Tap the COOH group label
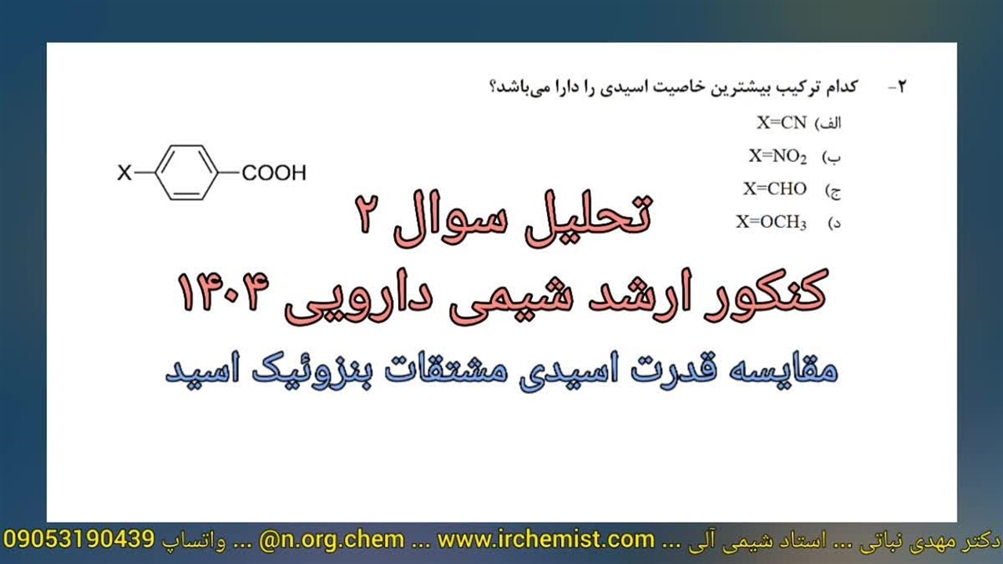click(x=274, y=173)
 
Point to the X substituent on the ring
click(x=125, y=173)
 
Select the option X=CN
click(x=781, y=123)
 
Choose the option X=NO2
click(x=778, y=156)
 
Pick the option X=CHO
click(x=775, y=189)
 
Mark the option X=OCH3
click(x=772, y=222)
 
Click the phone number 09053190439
click(x=79, y=540)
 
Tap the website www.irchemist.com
click(x=546, y=540)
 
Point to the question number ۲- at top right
click(x=898, y=86)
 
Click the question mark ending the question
click(x=494, y=87)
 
